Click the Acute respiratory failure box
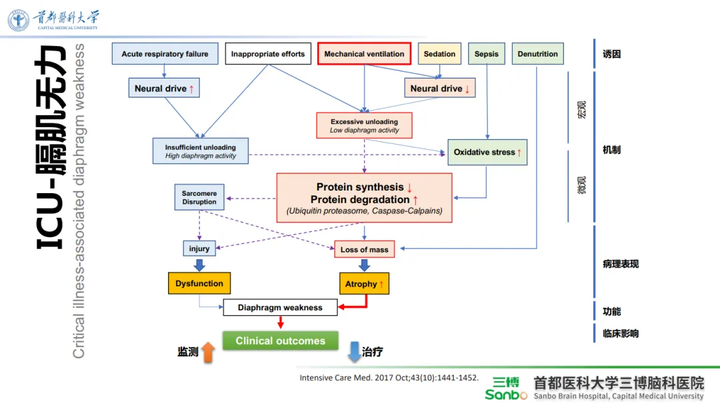[x=165, y=54]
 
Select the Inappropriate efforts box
[x=268, y=54]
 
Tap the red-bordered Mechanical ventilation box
[x=364, y=54]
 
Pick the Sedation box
[x=439, y=54]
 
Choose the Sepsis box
[x=486, y=54]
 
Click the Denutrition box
[x=538, y=54]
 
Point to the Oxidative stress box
[x=487, y=153]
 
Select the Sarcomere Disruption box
[x=199, y=197]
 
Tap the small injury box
[x=199, y=248]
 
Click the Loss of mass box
[x=365, y=249]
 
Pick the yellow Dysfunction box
[x=199, y=283]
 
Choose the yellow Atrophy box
[x=365, y=284]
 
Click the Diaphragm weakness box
[x=280, y=308]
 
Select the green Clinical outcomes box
[x=281, y=340]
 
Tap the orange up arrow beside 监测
[x=209, y=352]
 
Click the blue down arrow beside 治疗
[x=354, y=352]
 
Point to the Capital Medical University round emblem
[x=19, y=20]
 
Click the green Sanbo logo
[x=506, y=389]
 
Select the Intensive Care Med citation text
[x=389, y=378]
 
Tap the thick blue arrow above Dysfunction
[x=199, y=265]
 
